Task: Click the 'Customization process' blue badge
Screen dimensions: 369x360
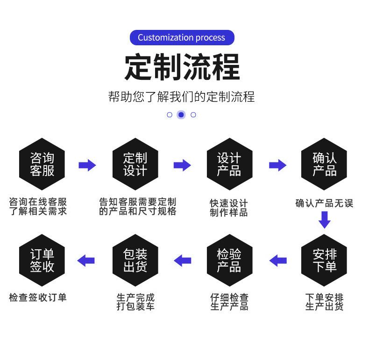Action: pos(181,38)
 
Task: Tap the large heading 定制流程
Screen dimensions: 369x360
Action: pos(182,67)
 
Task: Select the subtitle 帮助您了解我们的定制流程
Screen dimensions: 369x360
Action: pos(181,97)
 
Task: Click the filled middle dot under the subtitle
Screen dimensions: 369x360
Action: pos(181,114)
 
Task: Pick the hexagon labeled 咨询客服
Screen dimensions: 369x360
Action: pos(42,164)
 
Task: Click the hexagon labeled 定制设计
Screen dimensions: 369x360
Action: pos(135,164)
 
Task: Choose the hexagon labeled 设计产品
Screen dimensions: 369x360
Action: pos(229,164)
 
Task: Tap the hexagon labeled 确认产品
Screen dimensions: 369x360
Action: pos(324,164)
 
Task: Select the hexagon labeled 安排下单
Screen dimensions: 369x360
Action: pos(324,261)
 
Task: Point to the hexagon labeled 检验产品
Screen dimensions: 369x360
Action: pos(229,261)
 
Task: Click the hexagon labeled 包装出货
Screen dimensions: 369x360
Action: pos(135,261)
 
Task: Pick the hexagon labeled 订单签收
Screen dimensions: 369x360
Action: pos(42,261)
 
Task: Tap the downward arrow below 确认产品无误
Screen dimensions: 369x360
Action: pos(324,219)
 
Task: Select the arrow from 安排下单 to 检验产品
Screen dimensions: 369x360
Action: pos(278,261)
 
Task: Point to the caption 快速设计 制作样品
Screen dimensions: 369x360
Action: pos(229,208)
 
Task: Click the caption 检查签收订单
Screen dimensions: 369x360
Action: pos(38,297)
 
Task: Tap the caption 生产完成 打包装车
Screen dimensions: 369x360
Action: pos(135,302)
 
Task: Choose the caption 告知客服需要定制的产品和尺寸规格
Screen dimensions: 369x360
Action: pos(137,206)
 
